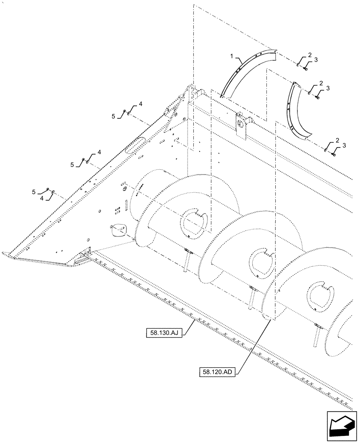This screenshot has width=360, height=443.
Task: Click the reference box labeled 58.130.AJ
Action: click(163, 332)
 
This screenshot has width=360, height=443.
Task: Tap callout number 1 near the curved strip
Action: click(231, 56)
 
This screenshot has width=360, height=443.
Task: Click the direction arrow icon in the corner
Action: click(342, 425)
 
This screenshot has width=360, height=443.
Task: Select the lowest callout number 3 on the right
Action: click(344, 145)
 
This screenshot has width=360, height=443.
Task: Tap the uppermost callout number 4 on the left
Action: click(140, 104)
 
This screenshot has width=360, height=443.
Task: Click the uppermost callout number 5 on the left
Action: click(113, 117)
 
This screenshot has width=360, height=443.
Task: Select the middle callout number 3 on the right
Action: click(328, 89)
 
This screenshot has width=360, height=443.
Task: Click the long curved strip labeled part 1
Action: click(241, 71)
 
